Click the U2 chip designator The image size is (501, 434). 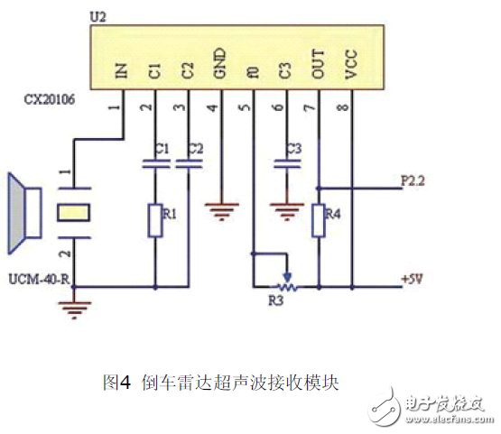(x=100, y=17)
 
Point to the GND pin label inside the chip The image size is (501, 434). (x=220, y=70)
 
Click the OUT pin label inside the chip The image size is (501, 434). (x=318, y=70)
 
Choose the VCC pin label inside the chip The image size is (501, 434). (x=351, y=70)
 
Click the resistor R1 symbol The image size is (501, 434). (x=155, y=219)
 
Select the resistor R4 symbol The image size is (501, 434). (x=318, y=219)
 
